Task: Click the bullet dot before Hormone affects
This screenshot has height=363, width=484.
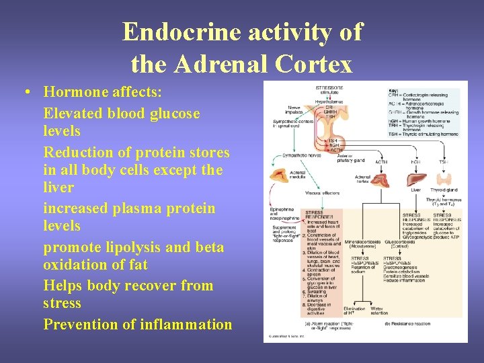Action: [24, 92]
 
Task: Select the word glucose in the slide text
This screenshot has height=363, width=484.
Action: [173, 112]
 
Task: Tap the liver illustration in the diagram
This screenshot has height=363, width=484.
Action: [417, 179]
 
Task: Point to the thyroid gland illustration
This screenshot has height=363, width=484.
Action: [442, 179]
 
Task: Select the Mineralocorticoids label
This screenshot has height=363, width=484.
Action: [362, 241]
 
